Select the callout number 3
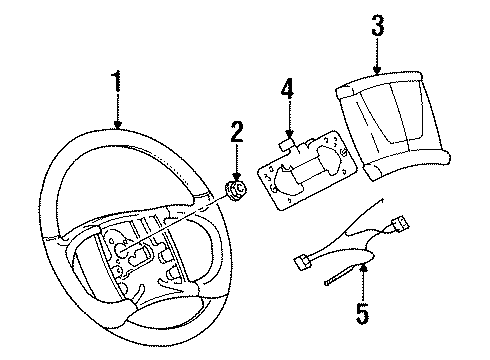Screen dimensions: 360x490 click(377, 26)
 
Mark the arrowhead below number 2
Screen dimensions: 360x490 click(236, 174)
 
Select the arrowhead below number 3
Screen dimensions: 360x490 click(376, 73)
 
